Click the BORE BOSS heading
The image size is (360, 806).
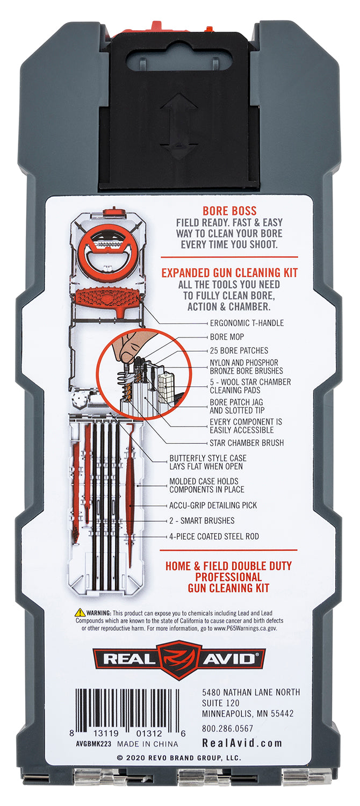coord(229,211)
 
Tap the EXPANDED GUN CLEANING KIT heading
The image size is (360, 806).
coord(229,273)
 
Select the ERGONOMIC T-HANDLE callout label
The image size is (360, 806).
coord(247,323)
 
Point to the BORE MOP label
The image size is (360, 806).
coord(227,337)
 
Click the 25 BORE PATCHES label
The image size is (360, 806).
coord(239,350)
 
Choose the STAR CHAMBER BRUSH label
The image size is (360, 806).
coord(247,443)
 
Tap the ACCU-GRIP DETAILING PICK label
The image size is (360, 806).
coord(213,505)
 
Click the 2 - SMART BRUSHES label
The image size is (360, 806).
coord(201,521)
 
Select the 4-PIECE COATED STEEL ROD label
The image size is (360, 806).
coord(214,536)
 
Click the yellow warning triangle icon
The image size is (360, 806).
coord(80,613)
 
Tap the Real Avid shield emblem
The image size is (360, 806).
coord(179,660)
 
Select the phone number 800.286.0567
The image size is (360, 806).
coord(227,729)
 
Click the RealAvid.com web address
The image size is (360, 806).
coord(242,743)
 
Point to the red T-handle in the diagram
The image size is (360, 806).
coord(106,298)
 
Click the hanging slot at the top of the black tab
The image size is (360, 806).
coord(179,59)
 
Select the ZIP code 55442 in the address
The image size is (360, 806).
coord(282,714)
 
